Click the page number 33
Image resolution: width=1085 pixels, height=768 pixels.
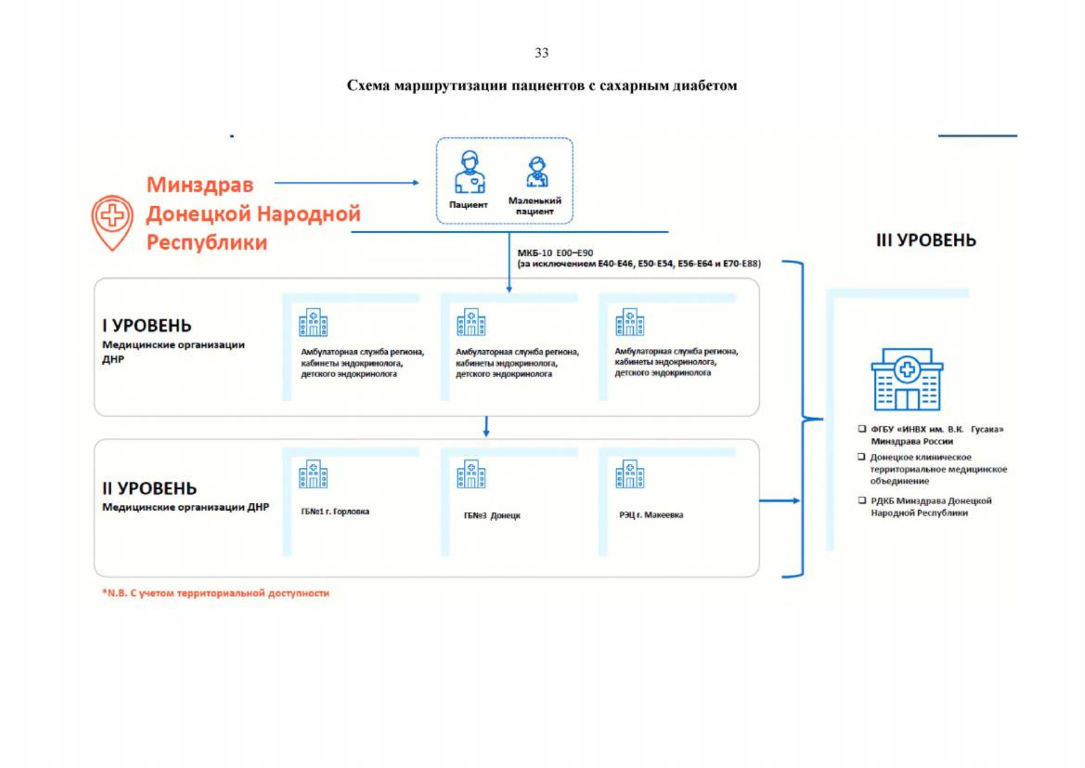tap(541, 53)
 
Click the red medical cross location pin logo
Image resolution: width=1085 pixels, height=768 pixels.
tap(112, 221)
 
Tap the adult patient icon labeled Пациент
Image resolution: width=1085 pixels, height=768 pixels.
tap(470, 172)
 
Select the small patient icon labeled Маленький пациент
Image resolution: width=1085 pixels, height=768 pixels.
tap(537, 172)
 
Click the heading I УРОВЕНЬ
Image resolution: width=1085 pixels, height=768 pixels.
tap(147, 326)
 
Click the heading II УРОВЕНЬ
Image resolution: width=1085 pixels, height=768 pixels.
tap(150, 488)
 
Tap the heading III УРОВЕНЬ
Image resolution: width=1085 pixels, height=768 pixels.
tap(926, 241)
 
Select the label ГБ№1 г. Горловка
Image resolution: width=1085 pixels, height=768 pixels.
tap(335, 511)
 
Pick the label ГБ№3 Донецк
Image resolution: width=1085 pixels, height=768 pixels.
tap(492, 515)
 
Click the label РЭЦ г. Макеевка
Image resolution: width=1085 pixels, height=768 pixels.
tap(651, 515)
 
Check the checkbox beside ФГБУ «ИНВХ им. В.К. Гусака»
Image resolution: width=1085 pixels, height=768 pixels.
tap(862, 429)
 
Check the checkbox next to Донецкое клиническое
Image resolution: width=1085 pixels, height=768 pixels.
tap(862, 457)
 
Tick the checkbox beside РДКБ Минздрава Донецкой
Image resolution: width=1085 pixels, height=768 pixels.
tap(862, 500)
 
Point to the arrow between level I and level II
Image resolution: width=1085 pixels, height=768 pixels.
tap(486, 427)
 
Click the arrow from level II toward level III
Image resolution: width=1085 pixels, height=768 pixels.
tap(779, 500)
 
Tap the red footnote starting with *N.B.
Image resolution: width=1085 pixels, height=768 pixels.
tap(216, 593)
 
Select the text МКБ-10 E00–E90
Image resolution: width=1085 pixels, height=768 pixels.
tap(555, 253)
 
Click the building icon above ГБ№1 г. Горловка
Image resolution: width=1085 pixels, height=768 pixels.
tap(313, 474)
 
